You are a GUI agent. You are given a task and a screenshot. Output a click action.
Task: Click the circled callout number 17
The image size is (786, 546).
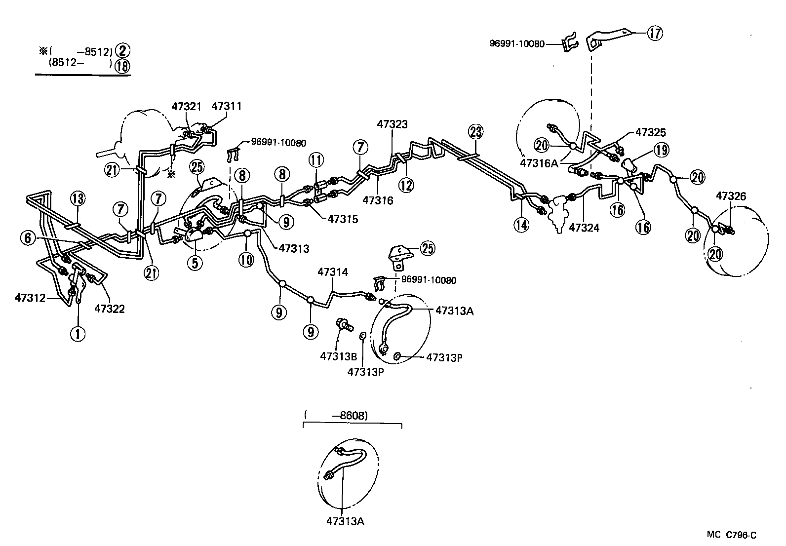(x=655, y=33)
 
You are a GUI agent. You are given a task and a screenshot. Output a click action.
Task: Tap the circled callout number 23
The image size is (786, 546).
(x=475, y=132)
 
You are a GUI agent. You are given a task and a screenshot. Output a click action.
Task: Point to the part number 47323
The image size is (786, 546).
(x=393, y=124)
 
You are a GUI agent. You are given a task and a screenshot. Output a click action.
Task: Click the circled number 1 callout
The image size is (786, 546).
(x=77, y=334)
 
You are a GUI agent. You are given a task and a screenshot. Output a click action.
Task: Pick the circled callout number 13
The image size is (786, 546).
(x=78, y=199)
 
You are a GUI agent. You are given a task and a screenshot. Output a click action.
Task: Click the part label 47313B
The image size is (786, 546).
(x=338, y=356)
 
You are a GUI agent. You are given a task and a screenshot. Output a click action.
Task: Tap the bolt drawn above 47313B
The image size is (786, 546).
(x=344, y=324)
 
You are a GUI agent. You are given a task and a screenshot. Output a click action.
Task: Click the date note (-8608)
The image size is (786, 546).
(x=336, y=416)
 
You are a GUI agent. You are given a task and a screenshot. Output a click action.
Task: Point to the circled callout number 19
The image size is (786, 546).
(x=661, y=151)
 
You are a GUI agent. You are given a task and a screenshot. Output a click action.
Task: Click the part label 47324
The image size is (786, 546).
(x=584, y=228)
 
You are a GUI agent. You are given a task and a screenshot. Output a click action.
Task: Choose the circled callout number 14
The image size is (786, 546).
(x=521, y=225)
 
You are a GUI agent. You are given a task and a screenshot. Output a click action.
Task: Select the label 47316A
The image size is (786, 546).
(x=539, y=163)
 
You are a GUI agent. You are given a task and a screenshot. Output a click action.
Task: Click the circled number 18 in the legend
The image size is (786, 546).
(x=121, y=66)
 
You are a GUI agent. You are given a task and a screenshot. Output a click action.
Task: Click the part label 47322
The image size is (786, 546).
(x=110, y=309)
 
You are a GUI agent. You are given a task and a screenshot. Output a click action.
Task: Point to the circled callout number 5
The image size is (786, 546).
(x=195, y=263)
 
